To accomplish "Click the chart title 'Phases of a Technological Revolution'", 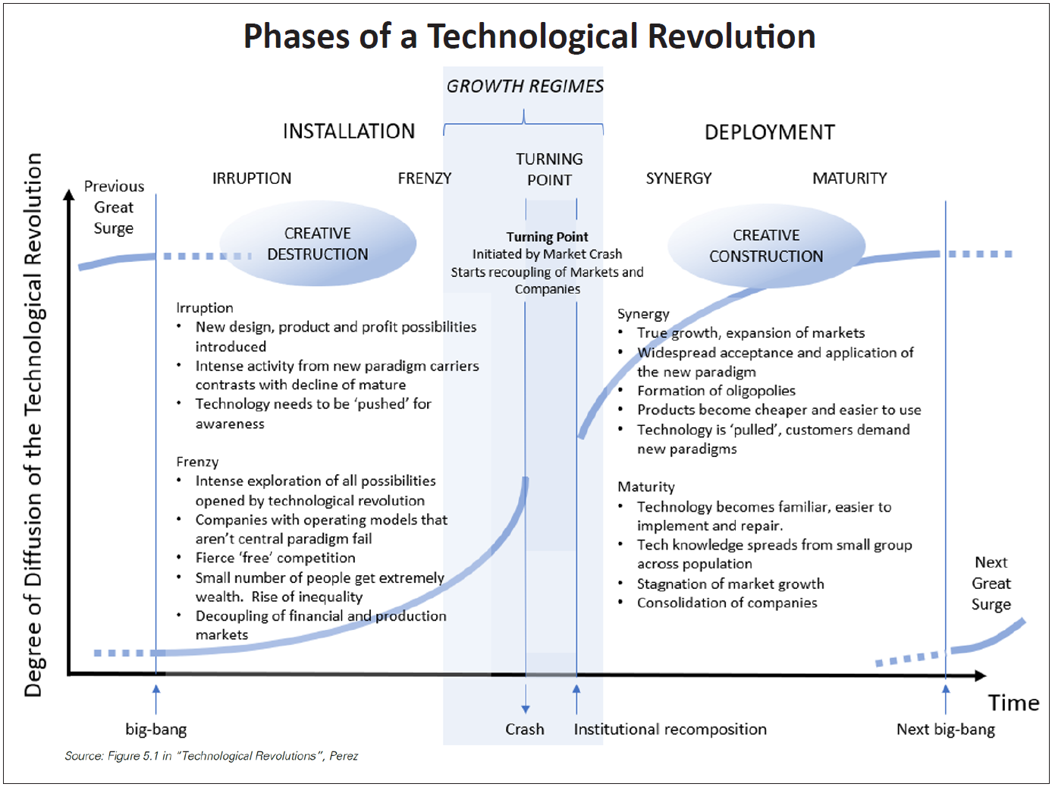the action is (529, 36).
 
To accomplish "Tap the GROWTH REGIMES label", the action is (525, 87).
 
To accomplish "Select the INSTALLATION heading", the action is (349, 131).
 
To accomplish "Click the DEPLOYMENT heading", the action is (770, 132).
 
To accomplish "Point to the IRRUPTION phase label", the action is (252, 178).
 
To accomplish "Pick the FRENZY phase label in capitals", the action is (425, 178).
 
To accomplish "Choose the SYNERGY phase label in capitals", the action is (679, 178).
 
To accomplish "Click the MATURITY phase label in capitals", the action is (849, 178).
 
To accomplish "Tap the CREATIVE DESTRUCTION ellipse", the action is (318, 244).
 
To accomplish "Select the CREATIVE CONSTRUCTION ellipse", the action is (766, 246).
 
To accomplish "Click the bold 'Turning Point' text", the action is (548, 237).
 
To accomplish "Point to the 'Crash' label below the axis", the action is (525, 729).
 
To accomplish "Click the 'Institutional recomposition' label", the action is (670, 729).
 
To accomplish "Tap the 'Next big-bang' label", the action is (946, 729).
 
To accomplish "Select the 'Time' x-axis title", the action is (1013, 703).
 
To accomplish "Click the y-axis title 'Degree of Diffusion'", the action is (33, 425).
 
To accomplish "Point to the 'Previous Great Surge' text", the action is (114, 207).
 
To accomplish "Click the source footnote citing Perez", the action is (212, 756).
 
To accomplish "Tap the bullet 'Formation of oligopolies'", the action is (716, 391).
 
